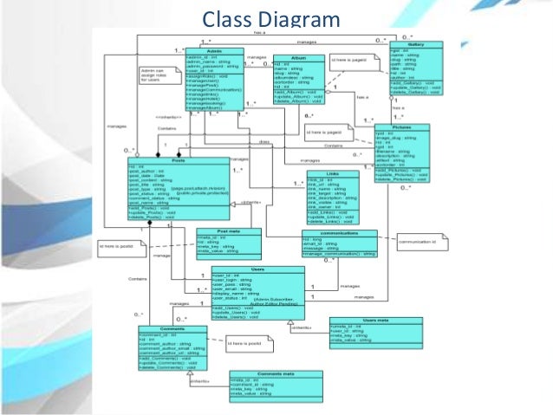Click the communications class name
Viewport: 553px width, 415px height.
339,232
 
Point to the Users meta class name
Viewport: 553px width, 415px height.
374,320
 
